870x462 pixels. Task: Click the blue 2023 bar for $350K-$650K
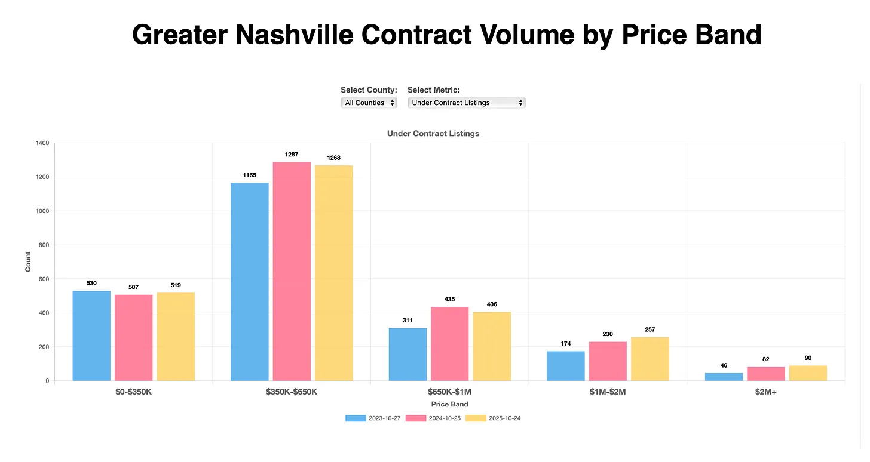[x=249, y=282]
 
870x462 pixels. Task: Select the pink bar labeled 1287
[x=292, y=272]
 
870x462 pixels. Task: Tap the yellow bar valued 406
[x=492, y=346]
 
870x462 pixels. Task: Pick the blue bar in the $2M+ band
[x=724, y=377]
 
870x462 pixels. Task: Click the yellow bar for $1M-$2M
[x=650, y=359]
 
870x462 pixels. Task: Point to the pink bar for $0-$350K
[x=133, y=338]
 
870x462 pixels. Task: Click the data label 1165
[x=249, y=175]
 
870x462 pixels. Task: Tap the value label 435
[x=449, y=299]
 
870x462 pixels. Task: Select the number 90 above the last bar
[x=808, y=358]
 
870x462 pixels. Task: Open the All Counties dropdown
[x=369, y=103]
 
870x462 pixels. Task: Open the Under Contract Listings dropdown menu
[x=466, y=103]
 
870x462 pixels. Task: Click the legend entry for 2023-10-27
[x=373, y=418]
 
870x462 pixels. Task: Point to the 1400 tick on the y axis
[x=42, y=143]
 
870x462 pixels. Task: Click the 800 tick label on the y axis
[x=44, y=245]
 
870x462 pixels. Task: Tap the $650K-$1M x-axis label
[x=449, y=392]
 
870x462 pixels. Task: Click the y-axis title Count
[x=28, y=261]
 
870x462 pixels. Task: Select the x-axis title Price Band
[x=449, y=404]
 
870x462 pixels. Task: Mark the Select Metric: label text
[x=433, y=90]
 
